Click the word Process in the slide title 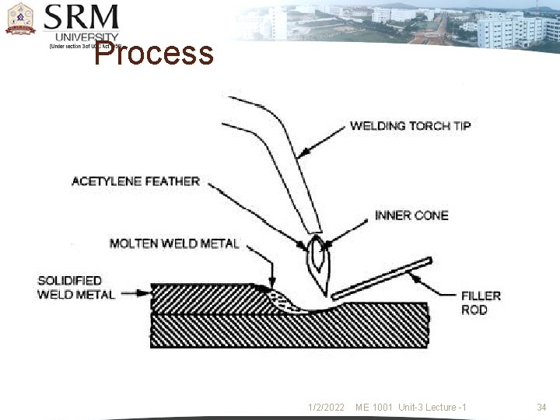pos(154,54)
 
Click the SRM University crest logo pos(20,19)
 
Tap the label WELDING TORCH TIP pos(410,125)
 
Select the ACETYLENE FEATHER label pos(135,181)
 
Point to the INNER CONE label pos(411,215)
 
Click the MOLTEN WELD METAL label pos(174,243)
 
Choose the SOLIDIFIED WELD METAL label pos(75,287)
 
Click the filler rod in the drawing pos(381,278)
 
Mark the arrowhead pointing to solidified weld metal pos(145,294)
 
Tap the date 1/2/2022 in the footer pos(325,408)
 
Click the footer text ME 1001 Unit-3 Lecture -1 pos(411,408)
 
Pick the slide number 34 pos(542,408)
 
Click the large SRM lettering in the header pos(82,18)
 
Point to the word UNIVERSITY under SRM pos(87,37)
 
